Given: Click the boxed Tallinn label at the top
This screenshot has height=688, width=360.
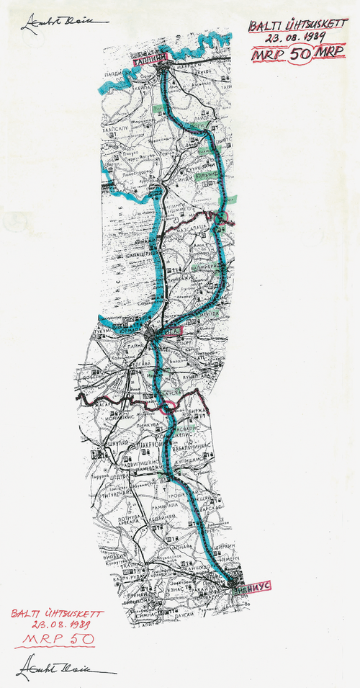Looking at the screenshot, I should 148,58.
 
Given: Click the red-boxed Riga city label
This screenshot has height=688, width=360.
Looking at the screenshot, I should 173,333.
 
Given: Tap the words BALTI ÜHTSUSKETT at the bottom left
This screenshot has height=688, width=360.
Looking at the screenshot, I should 58,614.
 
